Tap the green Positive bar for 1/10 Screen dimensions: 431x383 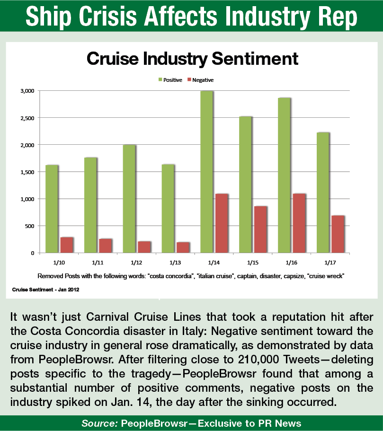[52, 209]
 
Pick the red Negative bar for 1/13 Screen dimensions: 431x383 [183, 247]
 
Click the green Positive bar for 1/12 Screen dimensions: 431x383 [129, 199]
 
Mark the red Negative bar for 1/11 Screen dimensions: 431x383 [106, 246]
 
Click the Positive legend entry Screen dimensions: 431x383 [170, 80]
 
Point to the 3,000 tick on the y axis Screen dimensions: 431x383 [27, 90]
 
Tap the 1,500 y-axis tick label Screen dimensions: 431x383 [27, 172]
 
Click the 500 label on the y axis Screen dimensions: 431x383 [29, 226]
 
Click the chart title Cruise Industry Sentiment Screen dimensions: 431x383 [192, 59]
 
